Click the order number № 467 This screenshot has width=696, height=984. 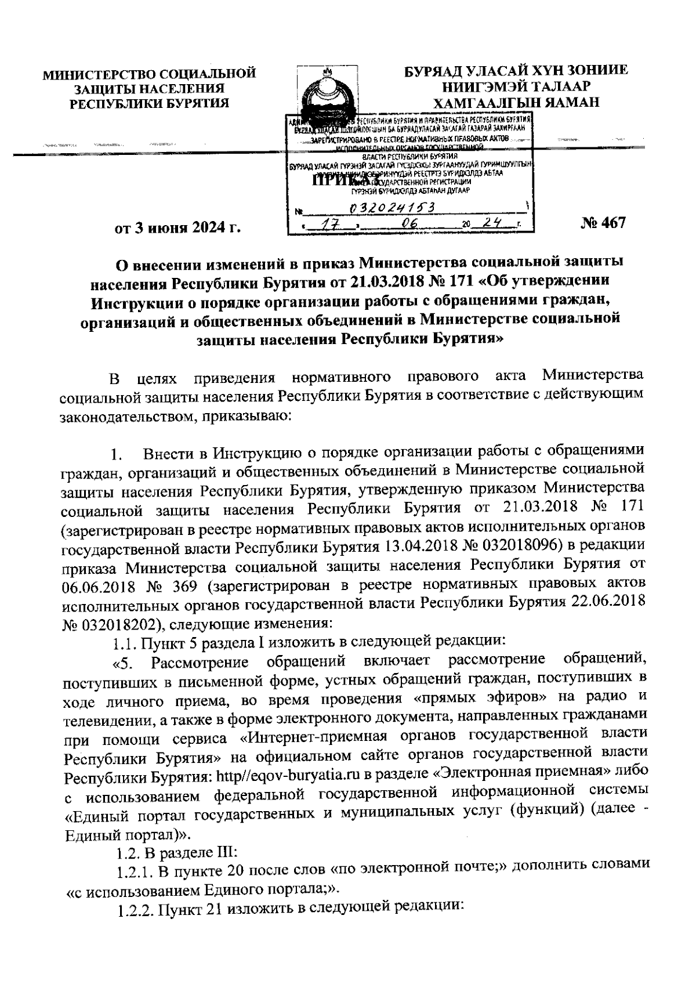coord(603,223)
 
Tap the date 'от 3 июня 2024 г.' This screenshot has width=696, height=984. coord(177,227)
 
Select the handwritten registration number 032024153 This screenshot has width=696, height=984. coord(393,208)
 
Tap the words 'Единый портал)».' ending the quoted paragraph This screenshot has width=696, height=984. coord(127,833)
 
